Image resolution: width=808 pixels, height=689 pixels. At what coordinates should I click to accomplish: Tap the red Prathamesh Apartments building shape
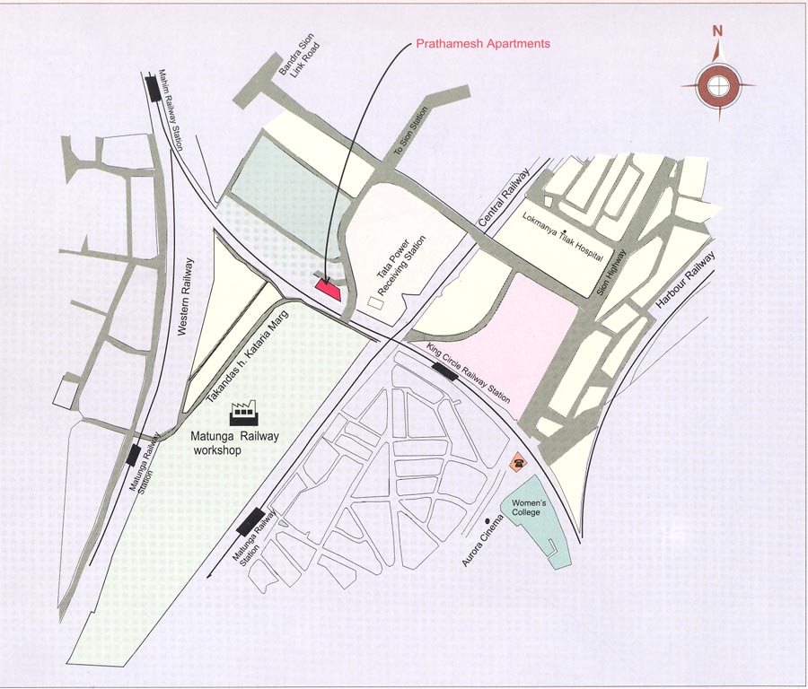(x=327, y=287)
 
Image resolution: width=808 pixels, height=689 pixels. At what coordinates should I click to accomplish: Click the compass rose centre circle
(x=717, y=87)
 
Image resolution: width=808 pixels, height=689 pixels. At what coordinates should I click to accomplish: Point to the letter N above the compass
(x=717, y=31)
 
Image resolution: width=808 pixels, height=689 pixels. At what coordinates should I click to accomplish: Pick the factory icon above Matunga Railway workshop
(x=244, y=413)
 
